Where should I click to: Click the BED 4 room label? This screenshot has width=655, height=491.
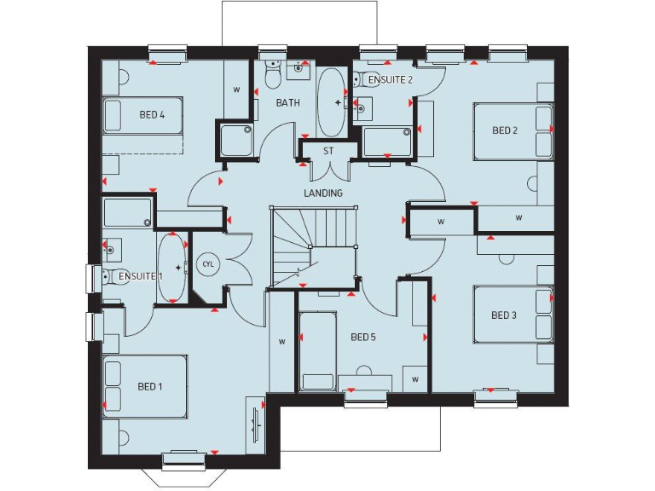tap(151, 114)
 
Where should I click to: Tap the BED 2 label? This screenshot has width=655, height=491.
tap(505, 130)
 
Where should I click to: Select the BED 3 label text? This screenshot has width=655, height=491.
tap(504, 315)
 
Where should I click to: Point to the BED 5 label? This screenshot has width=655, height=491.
tap(363, 337)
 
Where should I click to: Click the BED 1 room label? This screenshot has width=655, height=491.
tap(149, 386)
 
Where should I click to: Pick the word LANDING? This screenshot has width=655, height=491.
tap(323, 194)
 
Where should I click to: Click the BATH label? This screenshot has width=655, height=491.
tap(287, 103)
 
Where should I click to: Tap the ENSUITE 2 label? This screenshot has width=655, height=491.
tap(391, 79)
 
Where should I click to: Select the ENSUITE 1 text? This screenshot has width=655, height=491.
tap(139, 277)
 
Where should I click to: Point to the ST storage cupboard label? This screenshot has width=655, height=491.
tap(327, 151)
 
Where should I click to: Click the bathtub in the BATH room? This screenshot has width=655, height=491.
tap(332, 102)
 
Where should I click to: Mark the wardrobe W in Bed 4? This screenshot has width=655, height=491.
tap(236, 89)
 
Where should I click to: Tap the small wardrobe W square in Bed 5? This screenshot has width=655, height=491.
tap(415, 378)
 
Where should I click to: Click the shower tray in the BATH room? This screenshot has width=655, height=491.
tap(236, 140)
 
